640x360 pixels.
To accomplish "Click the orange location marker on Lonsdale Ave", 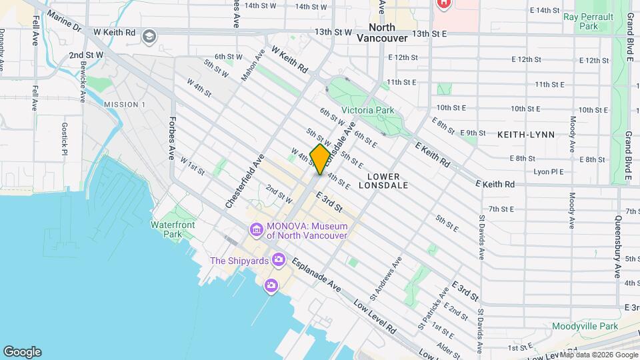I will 320,159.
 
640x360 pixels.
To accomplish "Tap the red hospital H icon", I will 443,3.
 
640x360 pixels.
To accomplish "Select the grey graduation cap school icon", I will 149,35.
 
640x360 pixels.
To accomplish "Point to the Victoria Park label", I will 367,110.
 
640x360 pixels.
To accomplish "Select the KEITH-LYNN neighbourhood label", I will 526,135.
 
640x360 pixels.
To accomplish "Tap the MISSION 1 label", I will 125,105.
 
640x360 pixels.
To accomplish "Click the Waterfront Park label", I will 173,229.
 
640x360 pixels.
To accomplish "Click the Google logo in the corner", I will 22,352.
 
